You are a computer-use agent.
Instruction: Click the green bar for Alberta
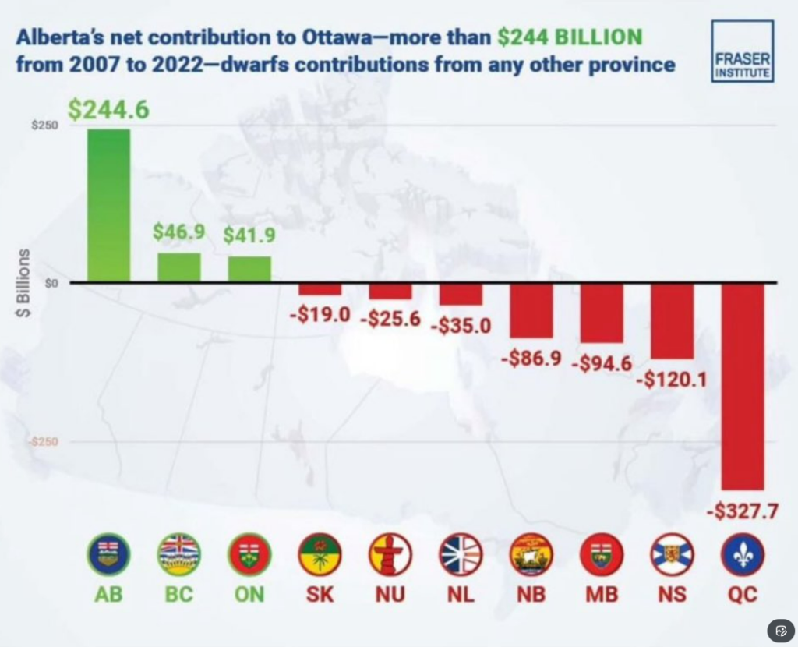click(x=108, y=205)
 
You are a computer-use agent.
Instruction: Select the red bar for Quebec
click(x=743, y=386)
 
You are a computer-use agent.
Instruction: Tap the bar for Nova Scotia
click(x=672, y=320)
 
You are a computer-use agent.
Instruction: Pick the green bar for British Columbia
click(x=178, y=267)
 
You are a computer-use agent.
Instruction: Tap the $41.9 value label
click(x=249, y=235)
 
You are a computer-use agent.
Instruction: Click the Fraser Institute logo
click(x=742, y=51)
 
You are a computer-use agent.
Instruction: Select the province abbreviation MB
click(x=601, y=595)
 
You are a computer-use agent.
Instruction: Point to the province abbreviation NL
click(x=461, y=595)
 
